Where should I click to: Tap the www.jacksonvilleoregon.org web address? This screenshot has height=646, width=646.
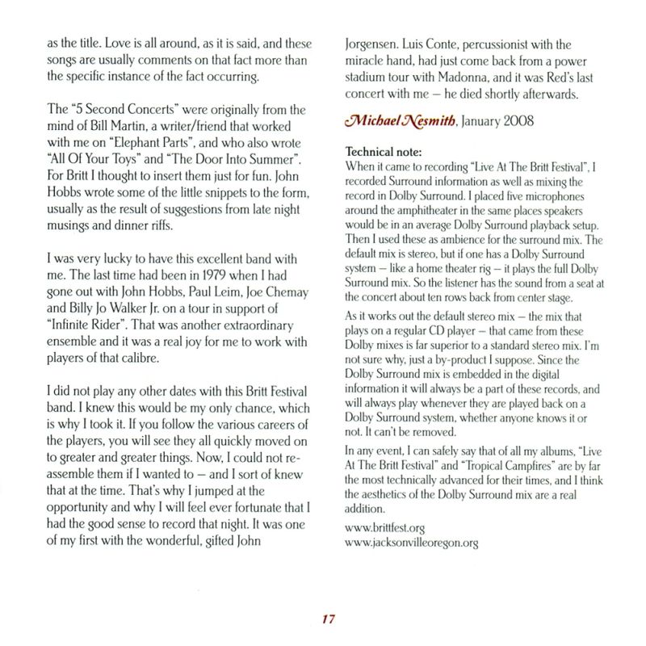click(411, 543)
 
